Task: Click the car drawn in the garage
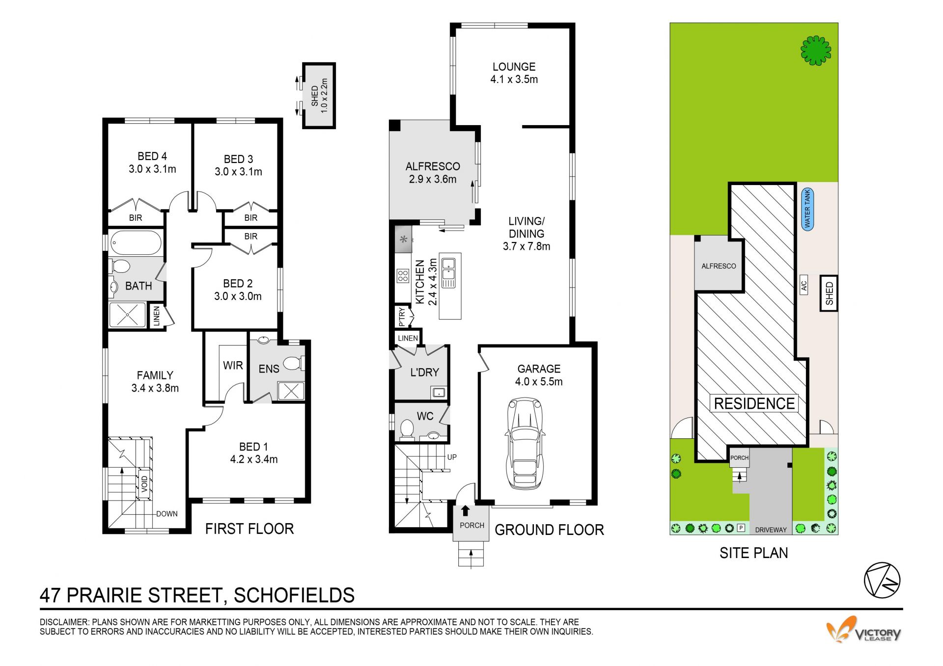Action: [x=525, y=443]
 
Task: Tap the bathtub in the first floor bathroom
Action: [x=136, y=243]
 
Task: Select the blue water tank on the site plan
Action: [x=807, y=210]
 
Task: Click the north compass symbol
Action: [x=882, y=580]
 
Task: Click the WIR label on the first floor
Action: [x=233, y=365]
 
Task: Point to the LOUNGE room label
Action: [x=514, y=67]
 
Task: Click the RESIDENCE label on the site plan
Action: [x=754, y=403]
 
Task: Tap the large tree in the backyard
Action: [x=816, y=50]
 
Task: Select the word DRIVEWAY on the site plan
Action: [x=771, y=530]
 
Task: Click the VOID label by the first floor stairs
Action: [x=144, y=484]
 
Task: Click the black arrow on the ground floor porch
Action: [x=465, y=510]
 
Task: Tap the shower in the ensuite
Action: [x=291, y=392]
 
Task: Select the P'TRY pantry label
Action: [x=402, y=317]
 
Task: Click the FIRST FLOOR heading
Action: [x=250, y=529]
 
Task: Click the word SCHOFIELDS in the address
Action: [x=294, y=595]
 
